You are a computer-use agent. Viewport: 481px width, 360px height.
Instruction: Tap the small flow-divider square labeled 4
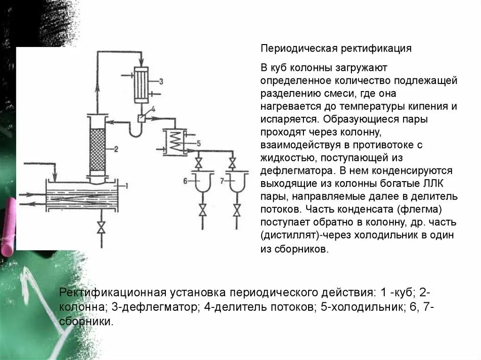tap(141, 118)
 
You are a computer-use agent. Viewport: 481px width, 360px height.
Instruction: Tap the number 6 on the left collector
tap(185, 180)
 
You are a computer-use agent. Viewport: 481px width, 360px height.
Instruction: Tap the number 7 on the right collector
tap(221, 180)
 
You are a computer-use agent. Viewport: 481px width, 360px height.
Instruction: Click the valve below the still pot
tap(101, 229)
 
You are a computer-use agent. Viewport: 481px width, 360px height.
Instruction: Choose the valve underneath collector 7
tap(233, 210)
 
